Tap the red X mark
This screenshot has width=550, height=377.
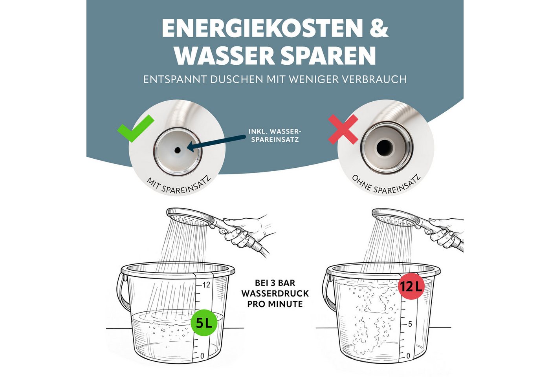pyautogui.click(x=343, y=129)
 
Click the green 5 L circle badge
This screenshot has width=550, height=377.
pyautogui.click(x=204, y=322)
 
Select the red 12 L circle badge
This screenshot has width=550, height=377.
pyautogui.click(x=411, y=286)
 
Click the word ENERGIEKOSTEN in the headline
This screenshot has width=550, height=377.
pyautogui.click(x=262, y=28)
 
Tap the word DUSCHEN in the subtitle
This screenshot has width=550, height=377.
pyautogui.click(x=237, y=79)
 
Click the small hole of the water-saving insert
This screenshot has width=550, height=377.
pyautogui.click(x=177, y=150)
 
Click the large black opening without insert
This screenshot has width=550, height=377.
pyautogui.click(x=385, y=148)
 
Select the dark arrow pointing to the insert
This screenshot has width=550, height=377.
pyautogui.click(x=216, y=142)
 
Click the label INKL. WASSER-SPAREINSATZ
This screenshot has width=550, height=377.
pyautogui.click(x=275, y=135)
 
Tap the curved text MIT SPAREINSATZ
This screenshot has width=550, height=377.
pyautogui.click(x=178, y=186)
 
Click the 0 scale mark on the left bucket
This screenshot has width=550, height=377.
pyautogui.click(x=202, y=356)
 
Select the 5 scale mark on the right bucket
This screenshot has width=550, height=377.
pyautogui.click(x=410, y=324)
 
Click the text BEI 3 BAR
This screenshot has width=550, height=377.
pyautogui.click(x=275, y=283)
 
